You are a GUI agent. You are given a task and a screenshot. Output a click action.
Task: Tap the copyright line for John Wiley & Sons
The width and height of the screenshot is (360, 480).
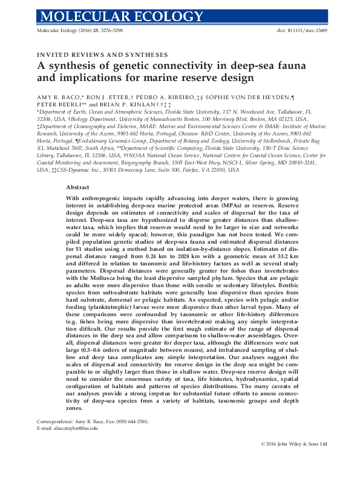pos(290,461)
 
